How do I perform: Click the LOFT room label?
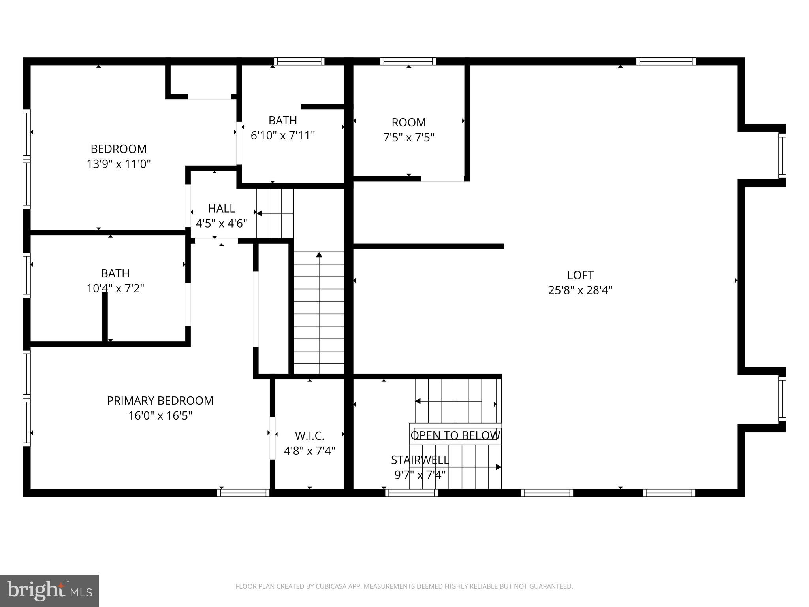(580, 275)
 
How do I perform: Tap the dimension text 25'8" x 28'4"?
(580, 290)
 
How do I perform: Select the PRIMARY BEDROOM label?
(160, 401)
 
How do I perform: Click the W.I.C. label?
(309, 436)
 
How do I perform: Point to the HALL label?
(221, 208)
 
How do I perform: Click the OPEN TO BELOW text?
(455, 435)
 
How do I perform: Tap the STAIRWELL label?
(420, 460)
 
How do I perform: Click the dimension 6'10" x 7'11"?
(282, 136)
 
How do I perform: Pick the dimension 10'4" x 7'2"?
(115, 288)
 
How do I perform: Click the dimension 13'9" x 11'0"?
(119, 164)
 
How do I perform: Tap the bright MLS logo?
(49, 591)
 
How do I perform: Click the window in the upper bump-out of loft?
(782, 156)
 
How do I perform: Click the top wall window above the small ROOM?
(408, 61)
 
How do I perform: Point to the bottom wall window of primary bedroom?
(243, 493)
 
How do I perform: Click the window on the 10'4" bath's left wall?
(26, 275)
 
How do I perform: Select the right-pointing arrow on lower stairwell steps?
(498, 467)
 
